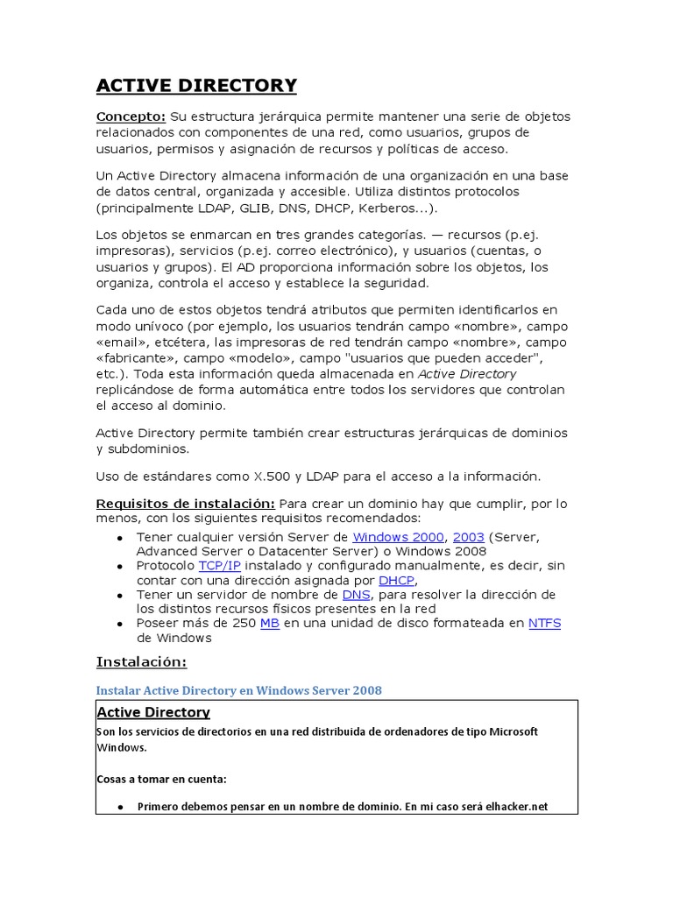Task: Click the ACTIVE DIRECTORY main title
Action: pyautogui.click(x=196, y=85)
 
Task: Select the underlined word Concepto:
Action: pyautogui.click(x=131, y=117)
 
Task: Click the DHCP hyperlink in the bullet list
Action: pyautogui.click(x=396, y=580)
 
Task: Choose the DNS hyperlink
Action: pyautogui.click(x=356, y=594)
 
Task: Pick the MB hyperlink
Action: pyautogui.click(x=269, y=623)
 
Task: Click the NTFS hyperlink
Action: pyautogui.click(x=544, y=623)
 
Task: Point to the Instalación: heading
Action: pyautogui.click(x=141, y=661)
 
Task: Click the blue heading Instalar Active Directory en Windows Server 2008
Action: pyautogui.click(x=238, y=690)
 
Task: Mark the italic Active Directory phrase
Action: pyautogui.click(x=467, y=373)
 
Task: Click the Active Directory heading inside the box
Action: pyautogui.click(x=153, y=712)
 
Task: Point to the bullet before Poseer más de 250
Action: pyautogui.click(x=119, y=624)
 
